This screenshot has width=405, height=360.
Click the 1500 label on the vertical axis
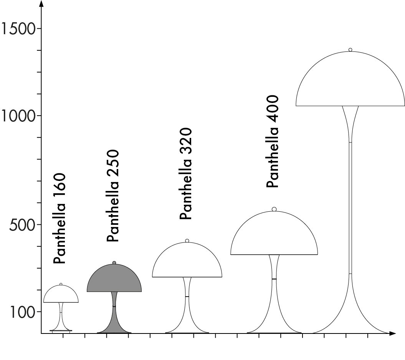(18, 28)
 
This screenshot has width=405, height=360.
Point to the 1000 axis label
(18, 116)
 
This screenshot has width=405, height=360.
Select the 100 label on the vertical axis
(22, 312)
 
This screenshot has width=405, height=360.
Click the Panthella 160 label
(60, 219)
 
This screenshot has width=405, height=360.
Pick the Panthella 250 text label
(113, 196)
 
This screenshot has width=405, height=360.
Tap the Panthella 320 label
(185, 174)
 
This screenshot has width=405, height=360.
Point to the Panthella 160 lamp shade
(61, 295)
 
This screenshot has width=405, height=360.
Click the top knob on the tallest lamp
(350, 50)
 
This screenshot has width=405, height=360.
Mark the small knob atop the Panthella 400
(274, 209)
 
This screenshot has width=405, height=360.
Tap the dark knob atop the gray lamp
(114, 263)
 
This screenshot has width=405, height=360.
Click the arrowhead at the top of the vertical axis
(41, 4)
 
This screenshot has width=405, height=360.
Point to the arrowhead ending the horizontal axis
(392, 333)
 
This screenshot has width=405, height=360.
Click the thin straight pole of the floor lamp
(350, 207)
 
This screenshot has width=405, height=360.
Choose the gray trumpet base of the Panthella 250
(114, 321)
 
